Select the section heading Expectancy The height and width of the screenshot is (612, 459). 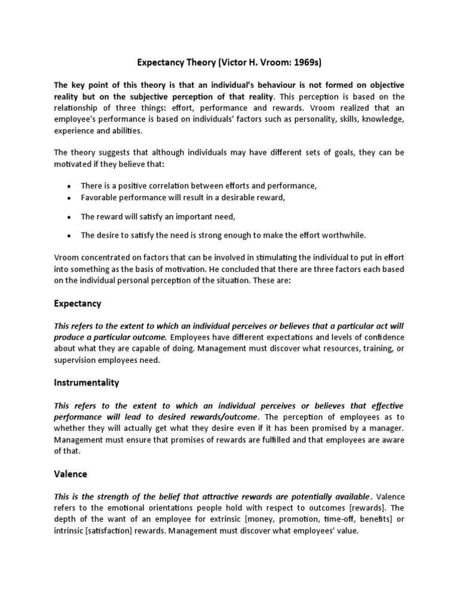[78, 304]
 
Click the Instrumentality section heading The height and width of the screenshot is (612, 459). [87, 382]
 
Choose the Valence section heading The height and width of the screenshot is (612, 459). [71, 474]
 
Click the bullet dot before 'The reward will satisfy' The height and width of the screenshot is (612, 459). [69, 218]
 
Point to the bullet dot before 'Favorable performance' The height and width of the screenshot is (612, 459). [69, 198]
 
